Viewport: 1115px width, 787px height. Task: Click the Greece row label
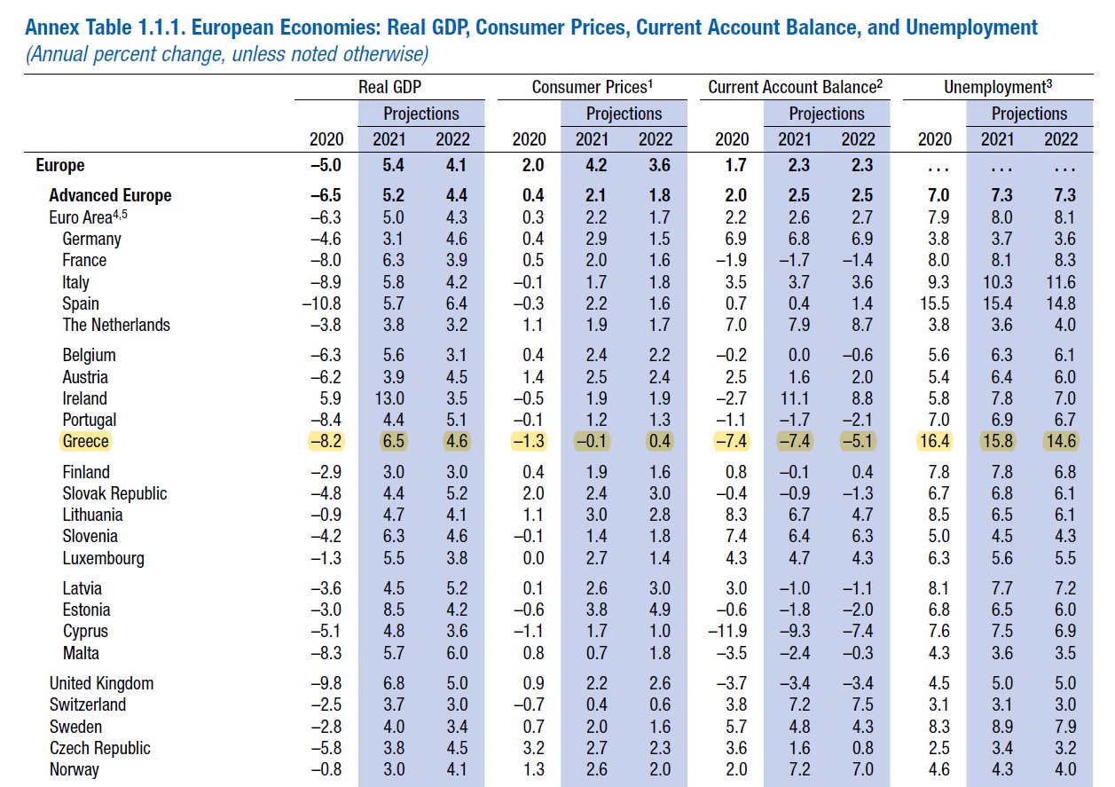[x=85, y=441]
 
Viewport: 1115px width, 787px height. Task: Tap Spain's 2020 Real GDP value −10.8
[x=322, y=303]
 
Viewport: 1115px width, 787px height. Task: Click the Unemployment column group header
[x=1003, y=86]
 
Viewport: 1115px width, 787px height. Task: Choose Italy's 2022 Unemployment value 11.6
[x=1061, y=282]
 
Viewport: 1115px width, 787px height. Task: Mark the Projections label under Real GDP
[x=421, y=114]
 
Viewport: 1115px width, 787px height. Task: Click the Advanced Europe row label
[x=110, y=195]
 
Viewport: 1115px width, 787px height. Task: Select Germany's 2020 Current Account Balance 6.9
[x=734, y=239]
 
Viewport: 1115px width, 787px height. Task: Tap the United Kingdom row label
[x=101, y=683]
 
